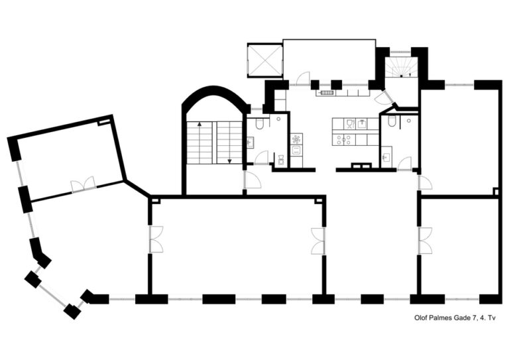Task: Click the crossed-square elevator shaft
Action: [265, 60]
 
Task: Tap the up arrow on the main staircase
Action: [199, 124]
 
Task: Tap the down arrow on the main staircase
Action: [230, 160]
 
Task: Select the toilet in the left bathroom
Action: [260, 124]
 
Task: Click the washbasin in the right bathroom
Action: [386, 157]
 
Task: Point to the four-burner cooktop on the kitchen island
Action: [344, 139]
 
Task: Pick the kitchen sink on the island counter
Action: [363, 123]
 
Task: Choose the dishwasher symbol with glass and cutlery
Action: [350, 124]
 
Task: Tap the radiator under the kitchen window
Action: [326, 93]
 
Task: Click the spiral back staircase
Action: [402, 67]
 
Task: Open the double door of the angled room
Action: [83, 185]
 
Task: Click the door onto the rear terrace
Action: [304, 79]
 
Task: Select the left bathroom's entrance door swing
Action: [261, 158]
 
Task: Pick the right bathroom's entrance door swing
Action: [404, 163]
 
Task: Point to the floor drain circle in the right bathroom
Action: [409, 121]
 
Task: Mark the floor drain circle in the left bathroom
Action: [278, 119]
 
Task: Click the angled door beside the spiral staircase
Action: [384, 97]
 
